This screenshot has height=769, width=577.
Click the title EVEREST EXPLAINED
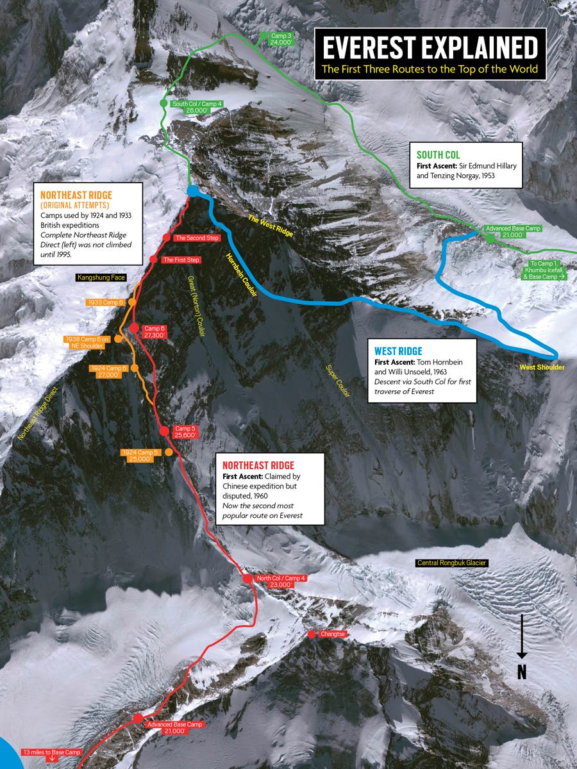[x=430, y=49]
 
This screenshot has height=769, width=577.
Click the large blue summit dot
[x=192, y=191]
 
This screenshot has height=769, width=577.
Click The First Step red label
[x=181, y=260]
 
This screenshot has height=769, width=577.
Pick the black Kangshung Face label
[x=101, y=277]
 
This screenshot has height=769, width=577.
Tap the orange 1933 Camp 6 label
[x=106, y=302]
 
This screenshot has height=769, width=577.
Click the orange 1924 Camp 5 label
[x=139, y=456]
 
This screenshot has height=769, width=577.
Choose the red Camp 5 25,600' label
[x=183, y=431]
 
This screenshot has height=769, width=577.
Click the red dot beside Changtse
[x=312, y=634]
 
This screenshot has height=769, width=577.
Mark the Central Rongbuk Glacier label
[x=452, y=563]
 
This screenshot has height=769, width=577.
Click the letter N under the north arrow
[x=522, y=672]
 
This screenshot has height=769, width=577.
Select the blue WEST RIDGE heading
[x=397, y=351]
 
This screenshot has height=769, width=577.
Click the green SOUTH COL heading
[x=439, y=155]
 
